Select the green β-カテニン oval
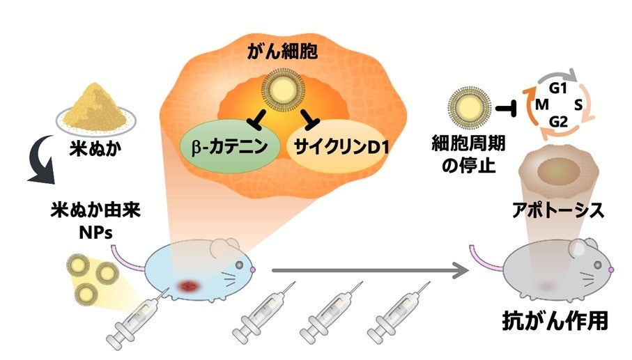(x=232, y=148)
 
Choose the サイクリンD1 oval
(x=337, y=148)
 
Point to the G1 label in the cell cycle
(x=555, y=88)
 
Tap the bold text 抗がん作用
(x=555, y=322)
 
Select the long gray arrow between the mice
(x=369, y=269)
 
